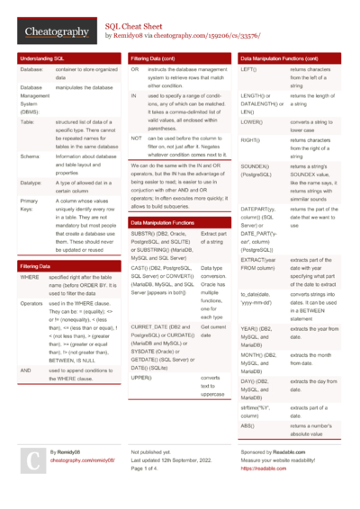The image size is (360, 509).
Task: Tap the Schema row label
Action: point(30,156)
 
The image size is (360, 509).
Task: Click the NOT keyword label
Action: point(136,138)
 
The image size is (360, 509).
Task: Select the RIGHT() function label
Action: point(252,140)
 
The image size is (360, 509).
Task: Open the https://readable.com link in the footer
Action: point(263,469)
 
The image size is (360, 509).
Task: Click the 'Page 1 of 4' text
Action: point(149,469)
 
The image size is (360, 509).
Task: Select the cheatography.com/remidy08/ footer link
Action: point(83,460)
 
